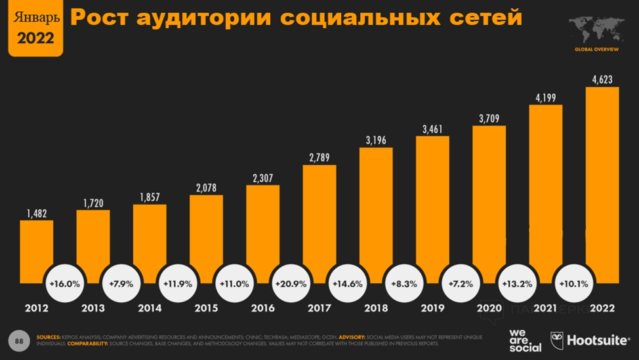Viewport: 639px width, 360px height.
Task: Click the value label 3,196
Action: [376, 140]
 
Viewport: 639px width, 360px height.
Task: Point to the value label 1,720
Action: [93, 202]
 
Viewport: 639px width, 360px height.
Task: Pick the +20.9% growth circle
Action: [290, 285]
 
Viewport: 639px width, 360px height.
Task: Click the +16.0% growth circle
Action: [64, 285]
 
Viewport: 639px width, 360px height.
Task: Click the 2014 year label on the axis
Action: [150, 308]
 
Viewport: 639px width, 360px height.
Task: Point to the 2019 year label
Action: [432, 308]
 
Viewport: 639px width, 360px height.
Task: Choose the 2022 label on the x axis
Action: [602, 308]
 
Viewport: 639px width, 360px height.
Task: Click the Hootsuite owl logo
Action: [557, 340]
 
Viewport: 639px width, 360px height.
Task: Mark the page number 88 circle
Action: [20, 340]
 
